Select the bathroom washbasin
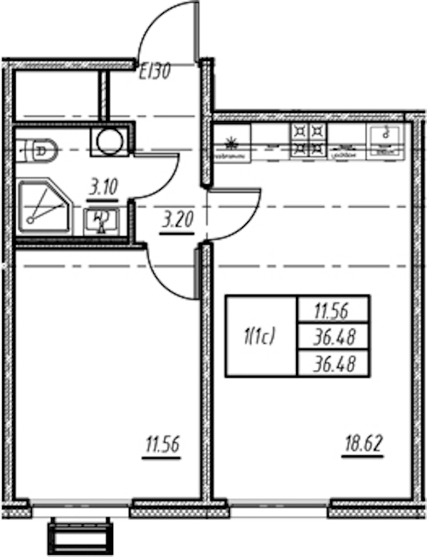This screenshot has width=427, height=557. (x=100, y=221)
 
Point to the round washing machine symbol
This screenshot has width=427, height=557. (x=110, y=142)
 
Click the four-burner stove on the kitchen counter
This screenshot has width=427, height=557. (x=307, y=140)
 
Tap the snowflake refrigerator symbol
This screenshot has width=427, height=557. (x=229, y=139)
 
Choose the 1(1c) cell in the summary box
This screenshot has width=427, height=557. (x=260, y=335)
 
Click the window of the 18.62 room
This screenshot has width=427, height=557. (x=279, y=508)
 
